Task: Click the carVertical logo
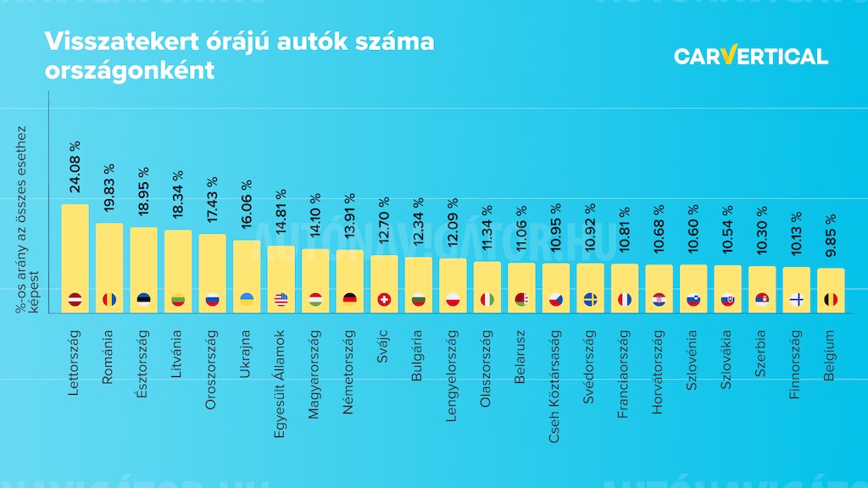(751, 56)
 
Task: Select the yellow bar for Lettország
(75, 254)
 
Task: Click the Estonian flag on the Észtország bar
(143, 299)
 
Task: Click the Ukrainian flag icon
(247, 299)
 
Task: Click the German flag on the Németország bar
(350, 299)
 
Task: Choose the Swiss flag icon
(384, 299)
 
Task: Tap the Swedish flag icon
(590, 299)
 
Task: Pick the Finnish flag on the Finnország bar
(797, 299)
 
